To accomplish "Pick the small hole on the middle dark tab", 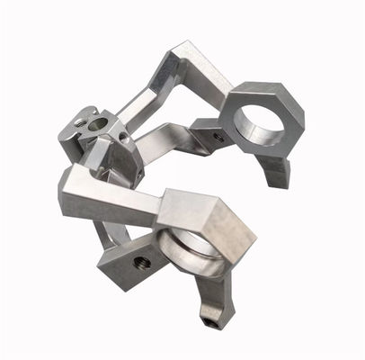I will coord(218,138).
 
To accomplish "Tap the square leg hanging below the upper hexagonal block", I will coord(275,170).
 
